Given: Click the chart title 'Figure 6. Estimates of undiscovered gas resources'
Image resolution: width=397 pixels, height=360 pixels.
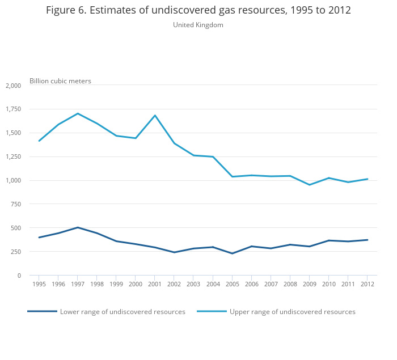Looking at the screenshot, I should [198, 10].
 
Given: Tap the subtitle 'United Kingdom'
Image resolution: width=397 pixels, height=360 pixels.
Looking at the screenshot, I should [198, 25].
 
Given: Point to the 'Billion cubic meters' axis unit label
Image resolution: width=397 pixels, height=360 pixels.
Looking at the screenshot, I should [60, 81].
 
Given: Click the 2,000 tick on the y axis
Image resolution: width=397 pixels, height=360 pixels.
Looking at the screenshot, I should [13, 86].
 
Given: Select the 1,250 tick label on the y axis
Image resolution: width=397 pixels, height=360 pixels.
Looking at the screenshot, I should [13, 156].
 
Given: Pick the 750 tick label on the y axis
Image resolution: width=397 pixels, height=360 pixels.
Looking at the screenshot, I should [15, 204].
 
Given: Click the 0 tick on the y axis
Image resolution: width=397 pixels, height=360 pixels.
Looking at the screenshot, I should [19, 276].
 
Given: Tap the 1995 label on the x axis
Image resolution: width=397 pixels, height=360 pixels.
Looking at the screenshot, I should [39, 284].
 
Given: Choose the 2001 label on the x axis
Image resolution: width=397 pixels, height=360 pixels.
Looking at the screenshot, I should [155, 284].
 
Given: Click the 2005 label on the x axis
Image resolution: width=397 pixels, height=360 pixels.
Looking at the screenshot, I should [232, 284].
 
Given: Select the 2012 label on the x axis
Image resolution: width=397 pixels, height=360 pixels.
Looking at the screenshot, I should [368, 284].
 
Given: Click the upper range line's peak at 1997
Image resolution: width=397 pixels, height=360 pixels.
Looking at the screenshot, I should [78, 113].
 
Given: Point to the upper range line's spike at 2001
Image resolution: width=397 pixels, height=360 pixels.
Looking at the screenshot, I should [155, 116].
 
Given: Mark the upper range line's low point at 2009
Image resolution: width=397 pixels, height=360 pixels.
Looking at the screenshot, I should [309, 185].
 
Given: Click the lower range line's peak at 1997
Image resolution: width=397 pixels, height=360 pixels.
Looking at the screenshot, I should [78, 227].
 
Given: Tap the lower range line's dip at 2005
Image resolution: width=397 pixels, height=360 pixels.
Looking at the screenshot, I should [232, 253].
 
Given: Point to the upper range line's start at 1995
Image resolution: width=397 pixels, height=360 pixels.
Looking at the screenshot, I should [39, 141].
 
